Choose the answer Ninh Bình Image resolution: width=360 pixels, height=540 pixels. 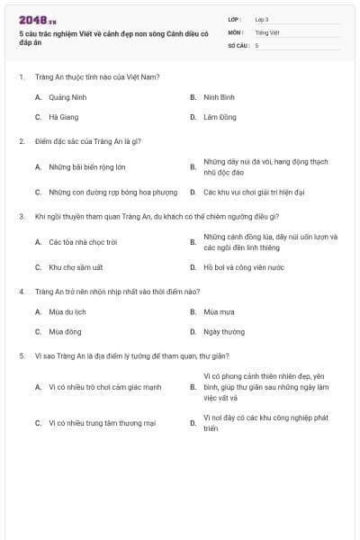click(219, 96)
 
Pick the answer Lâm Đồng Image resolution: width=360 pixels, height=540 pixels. click(220, 117)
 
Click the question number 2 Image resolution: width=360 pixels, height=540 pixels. click(22, 141)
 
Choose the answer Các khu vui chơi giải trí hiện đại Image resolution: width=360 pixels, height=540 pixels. click(254, 192)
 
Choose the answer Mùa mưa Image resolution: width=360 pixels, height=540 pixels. click(219, 311)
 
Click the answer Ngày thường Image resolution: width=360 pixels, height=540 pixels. click(224, 331)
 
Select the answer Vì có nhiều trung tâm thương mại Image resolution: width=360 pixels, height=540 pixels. click(103, 422)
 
